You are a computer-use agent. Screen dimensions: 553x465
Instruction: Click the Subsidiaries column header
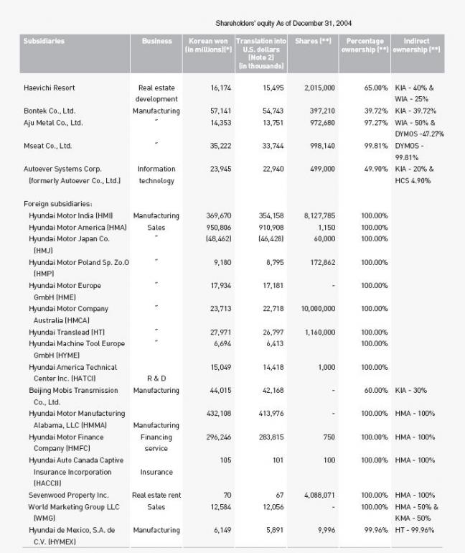coord(44,41)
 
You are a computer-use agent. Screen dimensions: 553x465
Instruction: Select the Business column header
coord(156,41)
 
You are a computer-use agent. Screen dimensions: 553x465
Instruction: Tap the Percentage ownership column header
coord(365,45)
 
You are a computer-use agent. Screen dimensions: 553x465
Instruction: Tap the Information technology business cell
coord(156,175)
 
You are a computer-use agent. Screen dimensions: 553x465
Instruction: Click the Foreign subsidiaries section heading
coord(57,204)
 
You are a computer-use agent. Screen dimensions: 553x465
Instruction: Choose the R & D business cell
coord(156,378)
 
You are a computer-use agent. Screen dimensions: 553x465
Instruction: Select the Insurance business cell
coord(156,472)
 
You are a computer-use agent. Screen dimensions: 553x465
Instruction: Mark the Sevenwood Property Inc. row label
coord(69,495)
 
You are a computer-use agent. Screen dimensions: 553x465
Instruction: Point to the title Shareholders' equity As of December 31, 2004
coord(283,23)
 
